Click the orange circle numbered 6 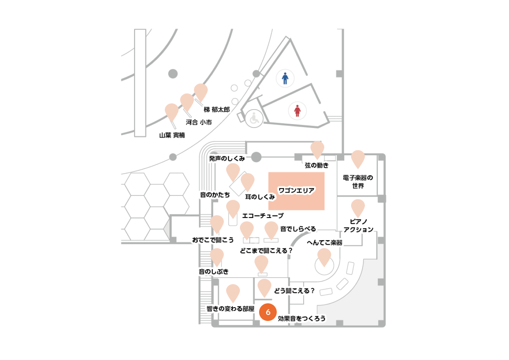point(268,312)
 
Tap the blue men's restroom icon point(285,78)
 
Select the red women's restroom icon point(297,111)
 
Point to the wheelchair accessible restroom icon point(254,118)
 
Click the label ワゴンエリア point(296,190)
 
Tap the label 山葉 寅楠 point(172,135)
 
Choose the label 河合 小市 point(199,122)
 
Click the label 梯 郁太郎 point(217,110)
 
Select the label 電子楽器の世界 point(358,182)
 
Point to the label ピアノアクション point(358,226)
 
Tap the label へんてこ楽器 point(325,243)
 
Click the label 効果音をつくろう point(302,319)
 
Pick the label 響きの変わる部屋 point(230,309)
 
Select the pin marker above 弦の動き point(317,150)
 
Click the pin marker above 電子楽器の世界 point(358,159)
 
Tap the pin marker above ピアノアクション point(358,208)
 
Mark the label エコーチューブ point(263,216)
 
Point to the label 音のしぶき point(213,272)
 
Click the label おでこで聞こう point(213,240)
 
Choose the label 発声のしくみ point(227,159)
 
